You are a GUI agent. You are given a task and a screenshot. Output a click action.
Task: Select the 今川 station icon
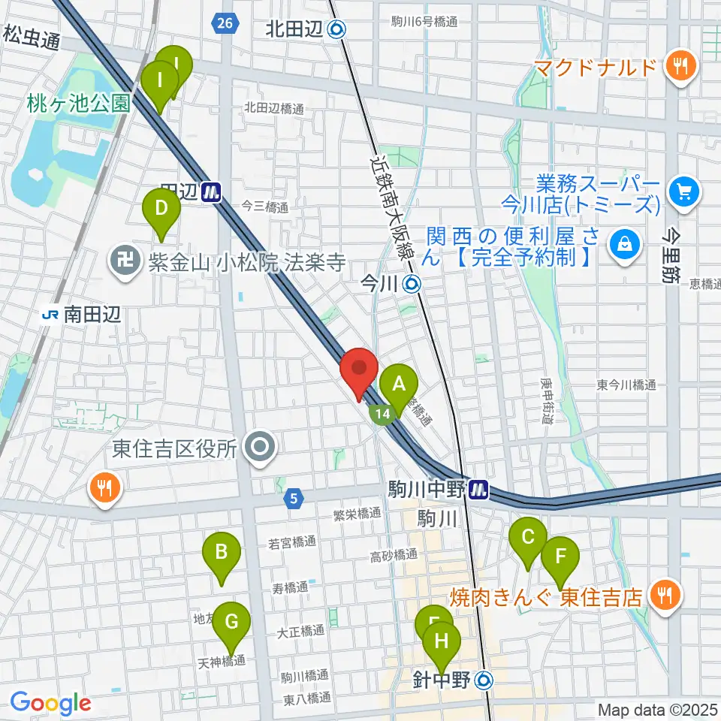pyautogui.click(x=412, y=284)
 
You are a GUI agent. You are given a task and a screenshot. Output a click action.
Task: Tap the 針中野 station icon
pyautogui.click(x=485, y=680)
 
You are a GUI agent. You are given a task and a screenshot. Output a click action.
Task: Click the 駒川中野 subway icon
pyautogui.click(x=477, y=491)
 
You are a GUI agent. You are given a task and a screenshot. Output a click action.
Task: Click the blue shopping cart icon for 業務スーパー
pyautogui.click(x=683, y=192)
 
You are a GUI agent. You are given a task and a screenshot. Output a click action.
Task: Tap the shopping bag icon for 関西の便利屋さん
pyautogui.click(x=623, y=243)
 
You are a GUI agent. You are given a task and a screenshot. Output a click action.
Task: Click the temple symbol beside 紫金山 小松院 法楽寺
pyautogui.click(x=122, y=262)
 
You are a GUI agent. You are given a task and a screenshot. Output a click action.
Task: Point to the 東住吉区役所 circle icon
pyautogui.click(x=260, y=448)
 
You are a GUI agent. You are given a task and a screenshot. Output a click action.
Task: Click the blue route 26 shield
pyautogui.click(x=223, y=23)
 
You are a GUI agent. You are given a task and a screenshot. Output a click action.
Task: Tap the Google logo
pyautogui.click(x=50, y=704)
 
